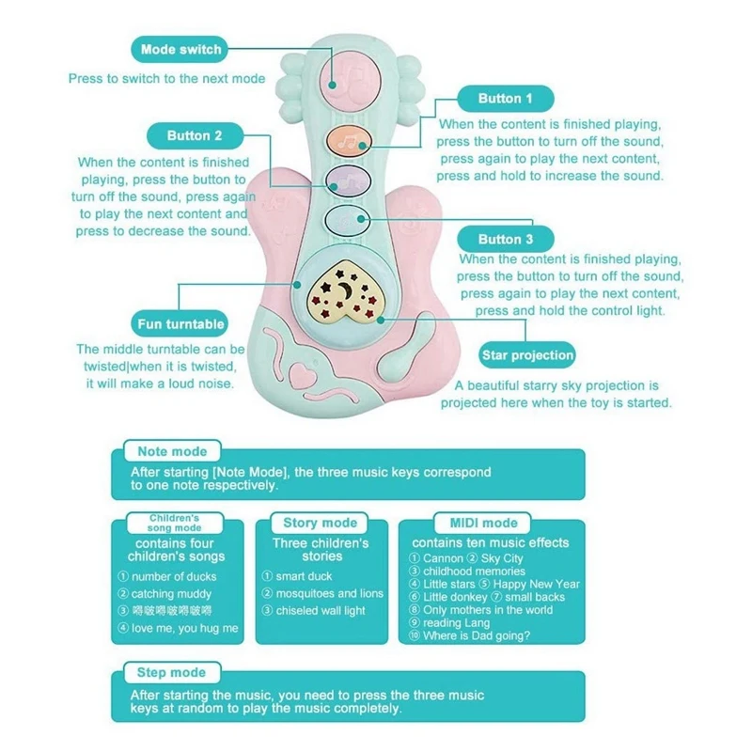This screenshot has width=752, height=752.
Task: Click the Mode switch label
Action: (x=180, y=49)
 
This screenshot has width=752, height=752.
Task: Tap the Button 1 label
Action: (x=505, y=99)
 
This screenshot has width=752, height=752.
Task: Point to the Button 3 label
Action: (x=505, y=239)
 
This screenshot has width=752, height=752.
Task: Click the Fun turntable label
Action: (x=181, y=324)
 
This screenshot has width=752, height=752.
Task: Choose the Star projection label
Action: (x=526, y=355)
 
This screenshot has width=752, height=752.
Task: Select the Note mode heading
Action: (x=172, y=451)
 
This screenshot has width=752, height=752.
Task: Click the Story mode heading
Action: (x=320, y=523)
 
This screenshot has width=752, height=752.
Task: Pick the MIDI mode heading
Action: (x=482, y=523)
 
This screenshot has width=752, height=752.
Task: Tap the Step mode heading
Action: (x=172, y=672)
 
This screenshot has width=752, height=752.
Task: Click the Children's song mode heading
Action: (x=175, y=523)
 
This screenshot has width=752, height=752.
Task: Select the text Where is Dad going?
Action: (x=477, y=635)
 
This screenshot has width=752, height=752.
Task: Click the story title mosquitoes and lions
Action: (x=329, y=593)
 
